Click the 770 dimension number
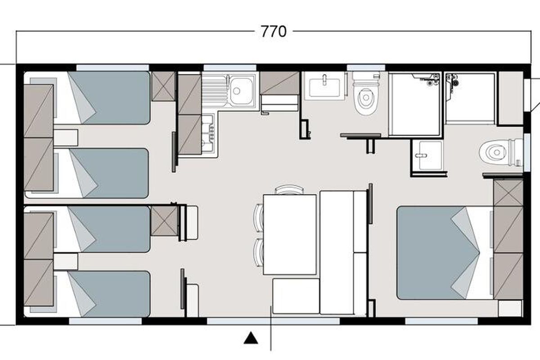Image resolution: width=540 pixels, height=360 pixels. point(274,31)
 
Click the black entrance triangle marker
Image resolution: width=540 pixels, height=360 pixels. point(251,338)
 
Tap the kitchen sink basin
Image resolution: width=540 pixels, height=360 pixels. point(241,90)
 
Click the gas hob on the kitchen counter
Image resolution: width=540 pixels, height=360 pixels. point(208,133)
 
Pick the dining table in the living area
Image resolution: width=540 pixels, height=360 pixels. point(290,234)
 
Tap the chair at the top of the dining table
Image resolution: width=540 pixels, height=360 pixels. point(290,189)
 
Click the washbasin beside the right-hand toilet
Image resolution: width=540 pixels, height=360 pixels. point(427,155)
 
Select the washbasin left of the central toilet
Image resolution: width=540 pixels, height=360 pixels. point(324,86)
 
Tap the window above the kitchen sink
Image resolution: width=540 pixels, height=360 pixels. point(229,67)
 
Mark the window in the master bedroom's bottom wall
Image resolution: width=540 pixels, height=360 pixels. point(441,321)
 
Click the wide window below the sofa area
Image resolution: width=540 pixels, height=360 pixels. point(274,321)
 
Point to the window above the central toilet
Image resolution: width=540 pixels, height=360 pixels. point(366,67)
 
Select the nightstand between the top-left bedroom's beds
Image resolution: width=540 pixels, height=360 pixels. point(66,138)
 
